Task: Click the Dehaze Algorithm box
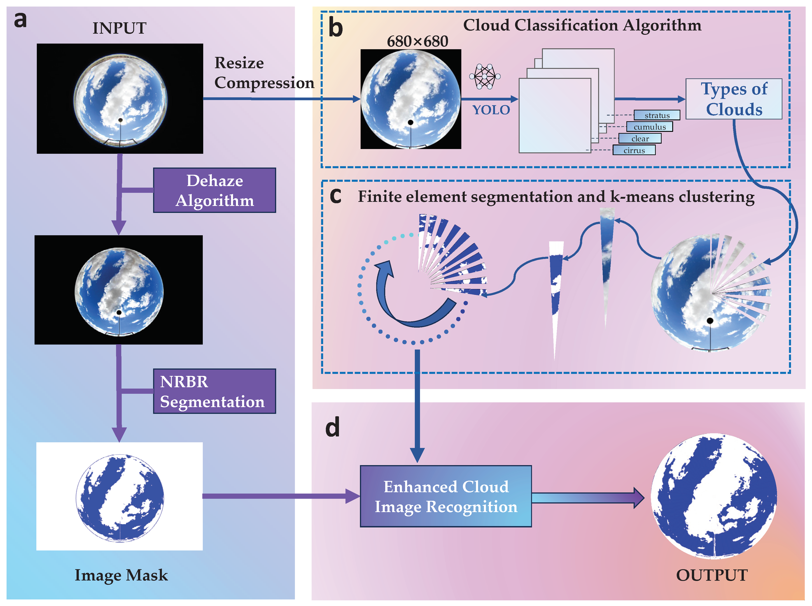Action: tap(214, 190)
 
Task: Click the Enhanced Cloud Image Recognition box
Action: tap(446, 496)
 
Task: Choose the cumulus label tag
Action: tap(649, 127)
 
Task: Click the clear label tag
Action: tap(640, 139)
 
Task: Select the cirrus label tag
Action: tap(634, 150)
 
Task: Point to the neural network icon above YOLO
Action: tap(485, 76)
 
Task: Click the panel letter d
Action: tap(332, 427)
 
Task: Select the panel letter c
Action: tap(335, 196)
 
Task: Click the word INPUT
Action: tap(119, 28)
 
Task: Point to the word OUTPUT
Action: tap(712, 575)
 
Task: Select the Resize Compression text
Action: tap(264, 73)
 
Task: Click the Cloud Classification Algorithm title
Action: tap(582, 25)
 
